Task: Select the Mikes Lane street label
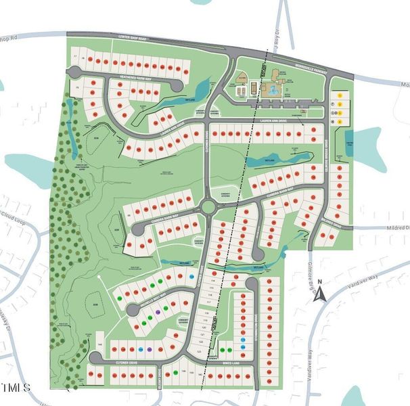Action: click(229, 363)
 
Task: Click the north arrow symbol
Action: click(323, 293)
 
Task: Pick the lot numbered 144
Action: click(99, 345)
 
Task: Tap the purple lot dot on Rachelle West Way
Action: click(158, 312)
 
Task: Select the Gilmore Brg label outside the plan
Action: click(313, 265)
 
